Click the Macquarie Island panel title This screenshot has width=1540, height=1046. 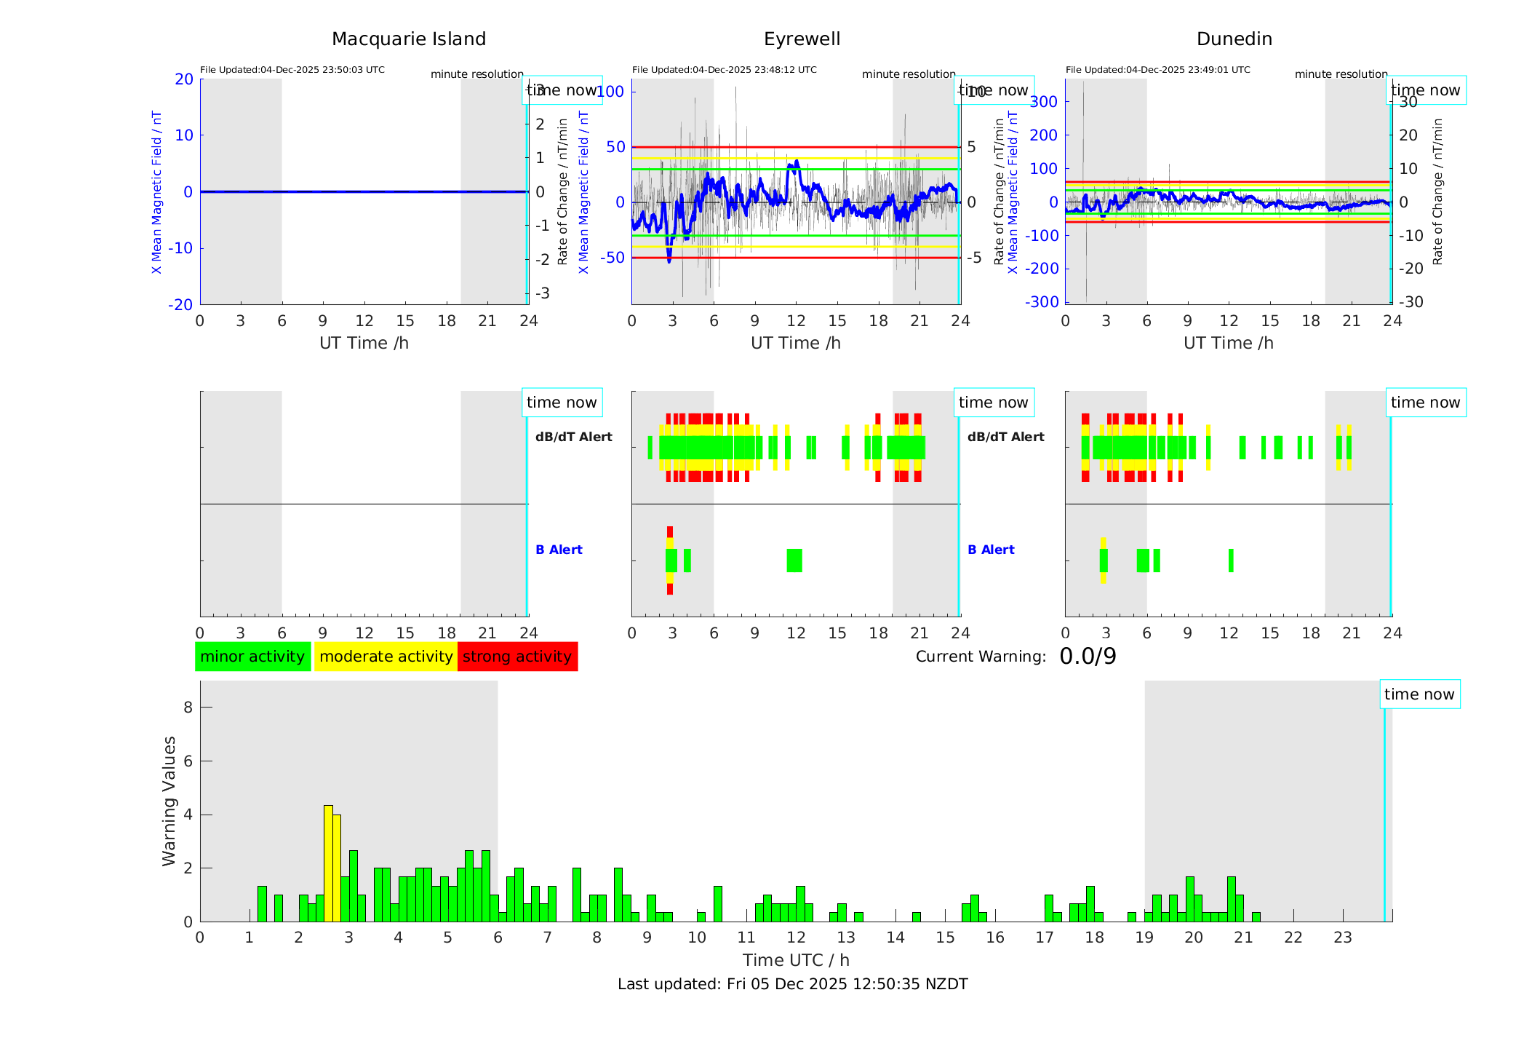(408, 39)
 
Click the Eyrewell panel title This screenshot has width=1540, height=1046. (802, 39)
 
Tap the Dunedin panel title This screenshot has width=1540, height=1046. (1234, 39)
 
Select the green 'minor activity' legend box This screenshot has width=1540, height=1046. (252, 657)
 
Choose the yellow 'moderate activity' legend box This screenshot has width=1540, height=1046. (386, 657)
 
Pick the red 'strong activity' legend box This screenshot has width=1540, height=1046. (517, 657)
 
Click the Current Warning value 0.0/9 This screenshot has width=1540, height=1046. (1088, 657)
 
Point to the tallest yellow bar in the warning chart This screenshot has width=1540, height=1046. (328, 863)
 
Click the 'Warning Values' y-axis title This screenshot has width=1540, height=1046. (169, 801)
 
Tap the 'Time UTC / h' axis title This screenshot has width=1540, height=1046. (796, 960)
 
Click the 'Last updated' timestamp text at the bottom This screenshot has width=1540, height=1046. (792, 984)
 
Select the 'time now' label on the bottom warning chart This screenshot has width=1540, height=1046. (1419, 694)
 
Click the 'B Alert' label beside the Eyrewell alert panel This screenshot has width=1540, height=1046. (559, 550)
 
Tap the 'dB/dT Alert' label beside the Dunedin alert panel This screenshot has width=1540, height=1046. (1005, 437)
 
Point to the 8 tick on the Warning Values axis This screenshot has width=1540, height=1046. (188, 707)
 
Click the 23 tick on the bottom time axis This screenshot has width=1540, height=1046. (1342, 938)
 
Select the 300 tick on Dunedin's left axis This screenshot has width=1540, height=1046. (1043, 101)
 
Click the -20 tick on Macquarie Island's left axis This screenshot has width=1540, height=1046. (180, 304)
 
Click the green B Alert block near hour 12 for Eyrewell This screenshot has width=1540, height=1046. (794, 560)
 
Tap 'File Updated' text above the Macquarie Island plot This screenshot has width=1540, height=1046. (292, 70)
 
